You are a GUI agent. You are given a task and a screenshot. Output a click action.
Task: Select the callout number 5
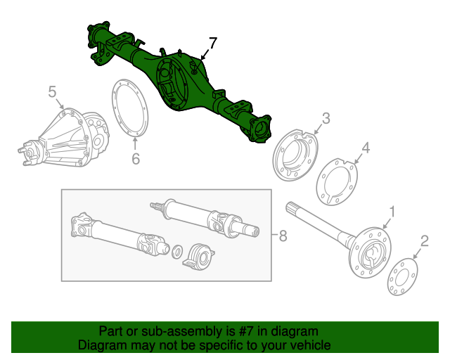[x=52, y=91]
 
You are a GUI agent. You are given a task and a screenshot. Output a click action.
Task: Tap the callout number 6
[x=136, y=159]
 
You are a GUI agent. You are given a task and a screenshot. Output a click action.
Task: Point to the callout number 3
[x=326, y=118]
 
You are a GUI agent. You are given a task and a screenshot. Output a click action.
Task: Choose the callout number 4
[x=366, y=147]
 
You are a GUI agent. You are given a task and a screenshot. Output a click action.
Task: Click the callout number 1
[x=392, y=210]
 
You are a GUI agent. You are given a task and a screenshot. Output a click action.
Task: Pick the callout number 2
[x=423, y=242]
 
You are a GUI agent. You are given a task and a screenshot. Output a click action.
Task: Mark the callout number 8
[x=283, y=236]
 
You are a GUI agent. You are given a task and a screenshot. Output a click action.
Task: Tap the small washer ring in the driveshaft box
[x=178, y=250]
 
